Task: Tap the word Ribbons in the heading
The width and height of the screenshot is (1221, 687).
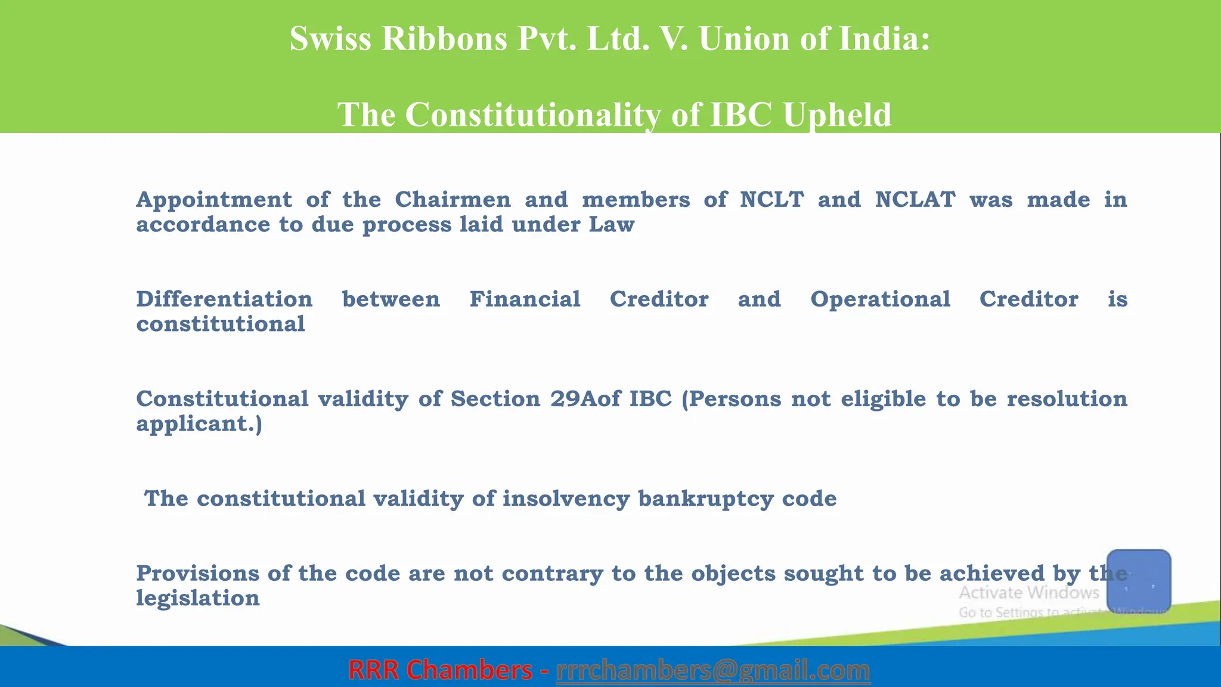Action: coord(444,39)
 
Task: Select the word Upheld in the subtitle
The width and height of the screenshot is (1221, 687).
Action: coord(837,114)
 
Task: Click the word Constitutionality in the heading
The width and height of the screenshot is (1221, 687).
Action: coord(533,114)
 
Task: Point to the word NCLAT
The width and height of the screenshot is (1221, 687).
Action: coord(915,200)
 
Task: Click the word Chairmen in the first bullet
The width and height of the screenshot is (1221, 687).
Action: coord(453,200)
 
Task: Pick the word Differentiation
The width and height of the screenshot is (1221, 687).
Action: coord(224,299)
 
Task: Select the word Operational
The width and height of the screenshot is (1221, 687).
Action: coord(880,299)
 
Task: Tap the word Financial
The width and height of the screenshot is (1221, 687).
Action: coord(525,299)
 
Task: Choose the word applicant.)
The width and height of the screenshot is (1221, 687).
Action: coord(199,424)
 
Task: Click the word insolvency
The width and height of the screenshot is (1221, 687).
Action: coord(566,499)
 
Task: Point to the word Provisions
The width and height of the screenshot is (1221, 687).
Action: coord(197,574)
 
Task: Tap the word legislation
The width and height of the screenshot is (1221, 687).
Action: coord(198,598)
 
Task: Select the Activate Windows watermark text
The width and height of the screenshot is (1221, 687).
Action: coord(1028,593)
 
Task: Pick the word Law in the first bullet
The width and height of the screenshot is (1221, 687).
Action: coord(612,225)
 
